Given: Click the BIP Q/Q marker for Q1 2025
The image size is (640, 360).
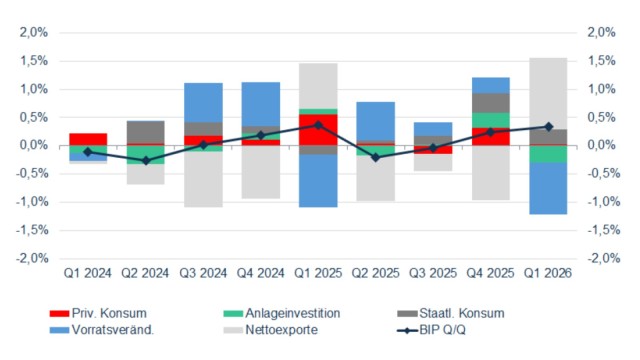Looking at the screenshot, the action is [x=318, y=125].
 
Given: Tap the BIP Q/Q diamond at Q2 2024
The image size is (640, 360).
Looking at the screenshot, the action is [x=146, y=161].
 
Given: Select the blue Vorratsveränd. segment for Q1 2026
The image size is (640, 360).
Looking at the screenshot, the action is [x=548, y=188].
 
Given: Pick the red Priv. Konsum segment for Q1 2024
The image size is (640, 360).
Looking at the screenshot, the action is [x=88, y=139].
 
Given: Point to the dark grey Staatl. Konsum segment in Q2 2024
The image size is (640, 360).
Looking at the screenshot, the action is [x=146, y=132].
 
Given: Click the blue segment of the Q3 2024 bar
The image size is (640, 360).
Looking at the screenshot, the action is [x=203, y=103].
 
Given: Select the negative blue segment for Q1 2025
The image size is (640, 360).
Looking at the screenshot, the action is [x=318, y=181].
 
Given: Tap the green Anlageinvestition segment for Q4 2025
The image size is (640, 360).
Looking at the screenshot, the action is [x=491, y=120].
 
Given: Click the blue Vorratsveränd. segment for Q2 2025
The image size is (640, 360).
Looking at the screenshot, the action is [x=376, y=122].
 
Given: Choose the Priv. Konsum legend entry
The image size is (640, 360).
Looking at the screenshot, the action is [x=98, y=313].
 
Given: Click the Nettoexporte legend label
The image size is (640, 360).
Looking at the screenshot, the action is [x=282, y=330].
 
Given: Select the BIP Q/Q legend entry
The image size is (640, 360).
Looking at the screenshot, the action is [x=431, y=330].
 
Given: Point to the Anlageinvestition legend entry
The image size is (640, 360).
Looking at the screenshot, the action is [x=282, y=313].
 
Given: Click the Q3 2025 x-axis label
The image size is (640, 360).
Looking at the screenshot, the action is [x=433, y=273].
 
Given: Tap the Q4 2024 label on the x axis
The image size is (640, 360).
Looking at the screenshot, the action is [x=261, y=273].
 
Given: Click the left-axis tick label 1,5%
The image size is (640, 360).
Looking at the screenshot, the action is [x=34, y=61].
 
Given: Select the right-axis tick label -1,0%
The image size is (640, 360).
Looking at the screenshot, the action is [x=604, y=202].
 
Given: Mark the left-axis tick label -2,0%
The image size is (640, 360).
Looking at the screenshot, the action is [x=32, y=259].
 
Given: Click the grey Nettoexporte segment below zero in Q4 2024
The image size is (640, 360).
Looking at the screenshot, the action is [x=261, y=172].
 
